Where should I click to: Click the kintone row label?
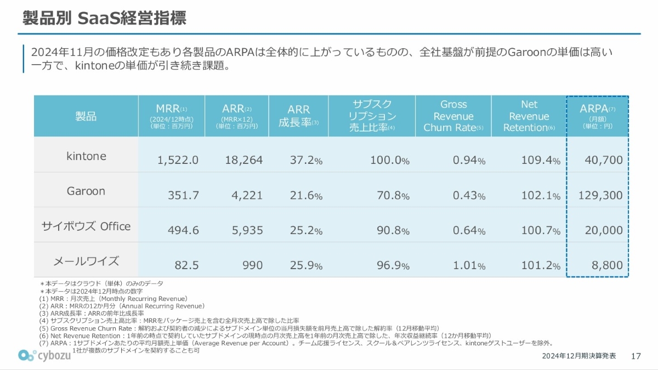point(86,156)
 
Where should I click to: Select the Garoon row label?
point(86,191)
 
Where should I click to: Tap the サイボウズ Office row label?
point(86,226)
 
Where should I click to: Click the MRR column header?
point(172,116)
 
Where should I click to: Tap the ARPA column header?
point(597,116)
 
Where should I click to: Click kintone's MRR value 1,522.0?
point(178,160)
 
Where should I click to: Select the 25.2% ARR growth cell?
point(306,230)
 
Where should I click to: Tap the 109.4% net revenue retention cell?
point(540,160)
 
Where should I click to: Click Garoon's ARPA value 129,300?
point(600,195)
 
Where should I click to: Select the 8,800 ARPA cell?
point(608,265)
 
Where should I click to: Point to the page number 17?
point(636,356)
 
